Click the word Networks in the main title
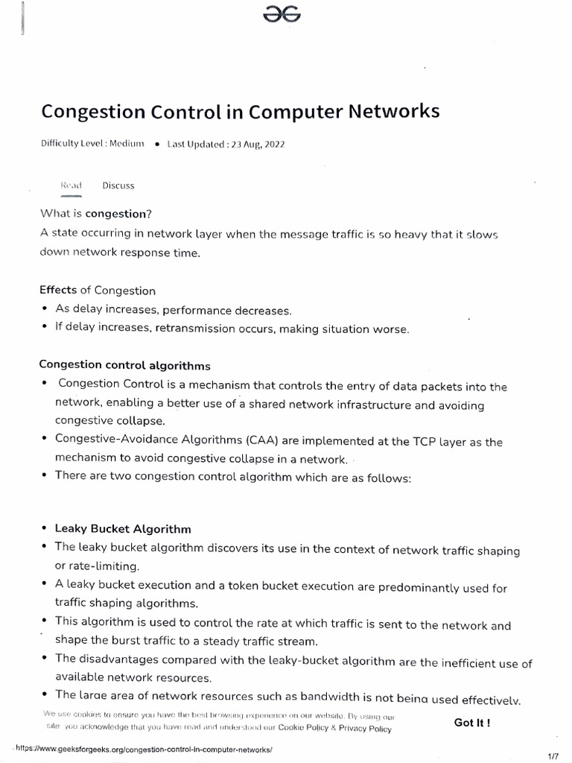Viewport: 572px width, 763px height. pyautogui.click(x=392, y=112)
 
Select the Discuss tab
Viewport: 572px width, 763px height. pyautogui.click(x=118, y=186)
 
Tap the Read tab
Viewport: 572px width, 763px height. pyautogui.click(x=71, y=186)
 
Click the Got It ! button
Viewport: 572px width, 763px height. pyautogui.click(x=472, y=722)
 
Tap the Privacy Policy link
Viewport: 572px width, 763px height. pyautogui.click(x=365, y=729)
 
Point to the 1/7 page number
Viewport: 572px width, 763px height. pyautogui.click(x=553, y=756)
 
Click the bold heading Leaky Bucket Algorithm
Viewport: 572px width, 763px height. pyautogui.click(x=123, y=529)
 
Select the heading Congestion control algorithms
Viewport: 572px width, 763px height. pyautogui.click(x=124, y=366)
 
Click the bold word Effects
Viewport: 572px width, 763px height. pyautogui.click(x=58, y=291)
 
